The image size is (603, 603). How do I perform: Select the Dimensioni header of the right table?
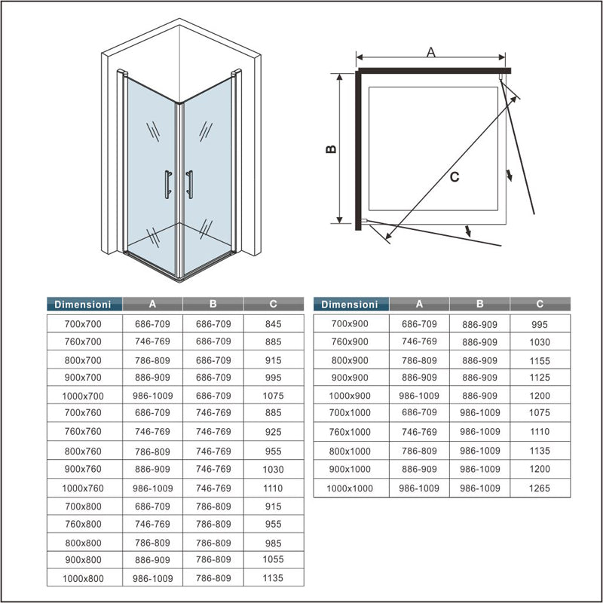tap(350, 305)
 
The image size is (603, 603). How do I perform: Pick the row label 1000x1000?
tap(350, 488)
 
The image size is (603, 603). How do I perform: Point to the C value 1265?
tap(540, 488)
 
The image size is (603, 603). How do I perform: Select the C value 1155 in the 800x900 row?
tap(540, 361)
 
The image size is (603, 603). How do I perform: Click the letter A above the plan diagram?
tap(431, 52)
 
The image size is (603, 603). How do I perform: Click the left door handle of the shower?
tap(167, 185)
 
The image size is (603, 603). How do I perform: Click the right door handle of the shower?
tap(189, 185)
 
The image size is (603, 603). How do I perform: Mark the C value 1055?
tap(274, 560)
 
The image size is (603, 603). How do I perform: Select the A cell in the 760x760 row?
tap(152, 432)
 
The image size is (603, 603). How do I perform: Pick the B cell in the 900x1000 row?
tap(479, 469)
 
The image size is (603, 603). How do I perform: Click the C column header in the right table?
tap(540, 304)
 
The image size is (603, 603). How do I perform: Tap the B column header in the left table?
tap(213, 304)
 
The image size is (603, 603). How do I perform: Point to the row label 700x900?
tap(350, 324)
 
